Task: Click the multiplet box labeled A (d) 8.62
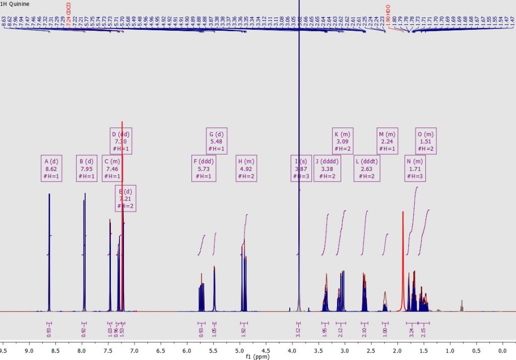pyautogui.click(x=51, y=168)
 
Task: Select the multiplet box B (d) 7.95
pyautogui.click(x=86, y=168)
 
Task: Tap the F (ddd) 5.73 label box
pyautogui.click(x=204, y=168)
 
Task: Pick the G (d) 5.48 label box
pyautogui.click(x=217, y=141)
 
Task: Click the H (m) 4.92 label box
pyautogui.click(x=246, y=168)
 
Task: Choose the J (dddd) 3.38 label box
pyautogui.click(x=327, y=168)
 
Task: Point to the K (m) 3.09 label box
pyautogui.click(x=343, y=141)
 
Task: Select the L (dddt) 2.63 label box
pyautogui.click(x=367, y=168)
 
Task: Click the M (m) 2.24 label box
pyautogui.click(x=388, y=141)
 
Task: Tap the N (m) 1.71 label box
pyautogui.click(x=415, y=168)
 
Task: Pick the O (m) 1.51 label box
pyautogui.click(x=425, y=141)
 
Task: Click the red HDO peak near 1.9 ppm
pyautogui.click(x=403, y=262)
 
